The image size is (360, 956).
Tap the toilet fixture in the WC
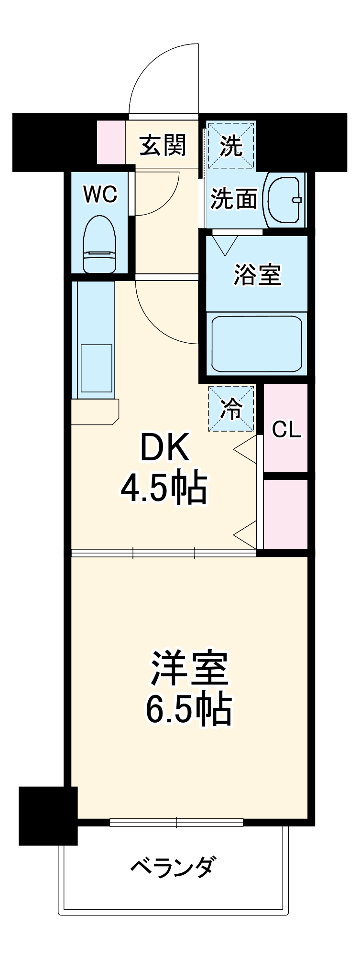tap(100, 244)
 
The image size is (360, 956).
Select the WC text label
tap(100, 195)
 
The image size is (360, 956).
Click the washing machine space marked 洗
tap(231, 145)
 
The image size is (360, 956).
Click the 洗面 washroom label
tap(234, 199)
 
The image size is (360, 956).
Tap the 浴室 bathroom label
tap(257, 275)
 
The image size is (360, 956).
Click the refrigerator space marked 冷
tap(231, 409)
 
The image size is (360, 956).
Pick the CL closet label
tap(286, 430)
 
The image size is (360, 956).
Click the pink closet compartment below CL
tap(285, 513)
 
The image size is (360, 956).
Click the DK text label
tap(164, 447)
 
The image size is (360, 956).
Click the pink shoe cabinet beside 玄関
tap(110, 142)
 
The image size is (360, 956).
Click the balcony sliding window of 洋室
tap(176, 823)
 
